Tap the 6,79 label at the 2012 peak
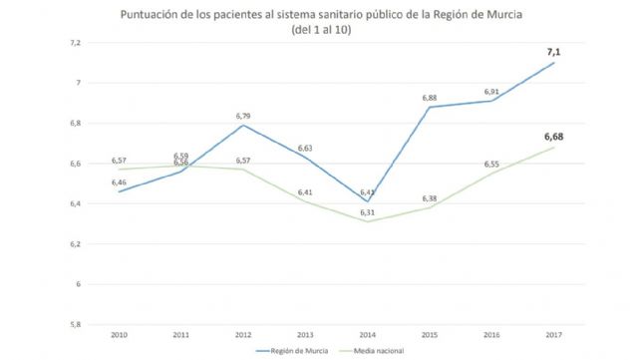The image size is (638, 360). (x=244, y=116)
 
